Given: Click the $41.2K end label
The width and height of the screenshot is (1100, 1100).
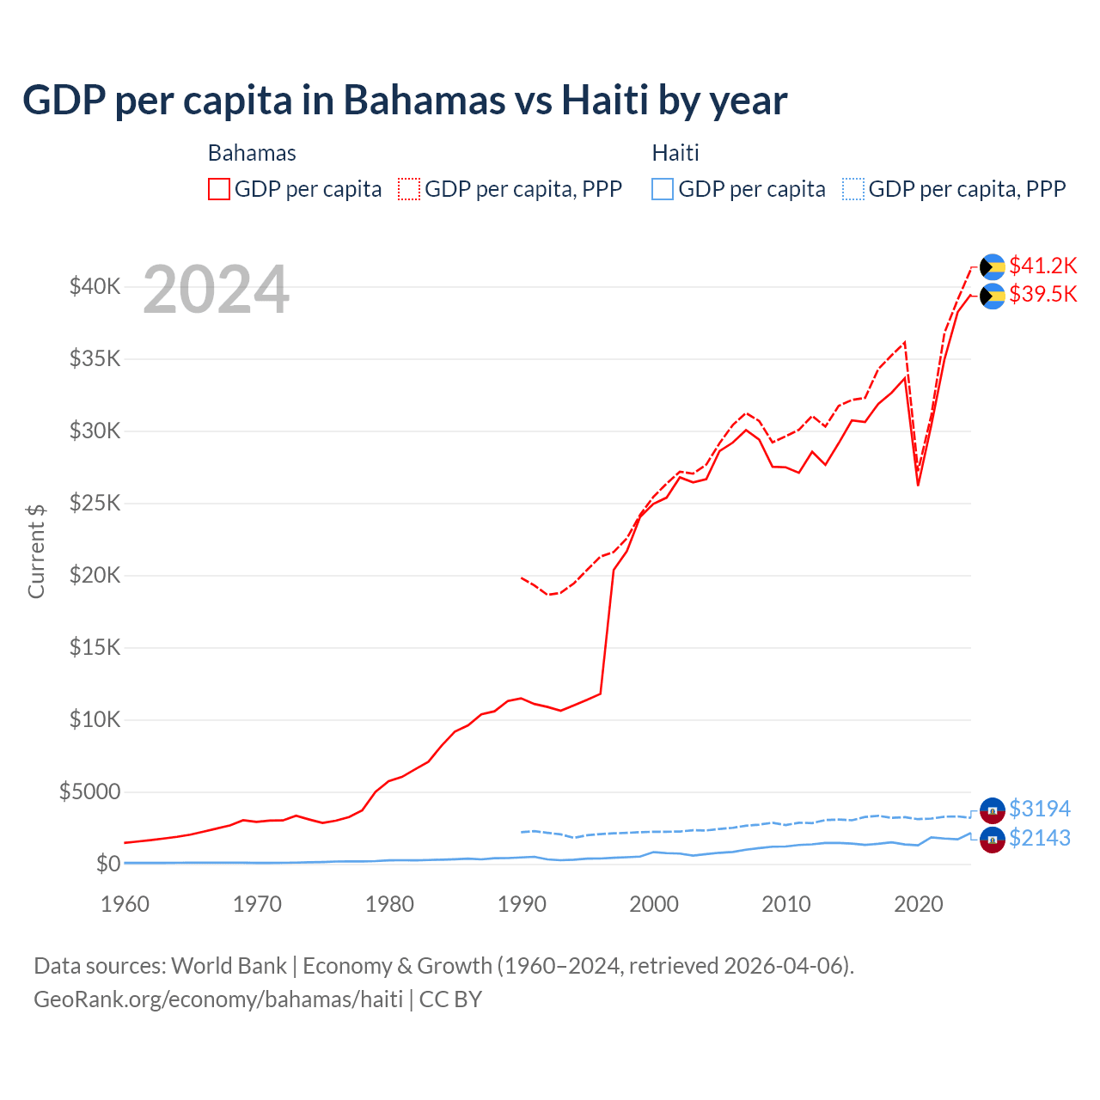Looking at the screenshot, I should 1042,266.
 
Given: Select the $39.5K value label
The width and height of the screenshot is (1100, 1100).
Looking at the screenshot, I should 1042,295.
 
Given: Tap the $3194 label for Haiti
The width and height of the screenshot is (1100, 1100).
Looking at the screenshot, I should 1039,810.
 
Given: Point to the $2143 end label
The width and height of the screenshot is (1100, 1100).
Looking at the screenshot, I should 1039,839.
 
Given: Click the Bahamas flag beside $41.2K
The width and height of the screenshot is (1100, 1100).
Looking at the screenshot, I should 993,267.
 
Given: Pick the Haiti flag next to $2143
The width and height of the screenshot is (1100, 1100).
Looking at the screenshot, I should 993,840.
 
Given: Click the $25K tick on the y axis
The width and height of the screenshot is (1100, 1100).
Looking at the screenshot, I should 95,503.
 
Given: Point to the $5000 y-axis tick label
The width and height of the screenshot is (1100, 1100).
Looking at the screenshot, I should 89,791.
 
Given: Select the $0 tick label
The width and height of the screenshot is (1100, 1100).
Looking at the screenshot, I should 107,864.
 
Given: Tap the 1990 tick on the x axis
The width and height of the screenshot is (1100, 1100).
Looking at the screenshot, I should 522,904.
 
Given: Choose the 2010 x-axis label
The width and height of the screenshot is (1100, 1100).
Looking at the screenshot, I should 786,904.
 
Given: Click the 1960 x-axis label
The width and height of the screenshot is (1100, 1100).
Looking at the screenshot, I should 125,904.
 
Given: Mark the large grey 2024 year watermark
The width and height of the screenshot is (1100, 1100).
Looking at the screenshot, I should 216,290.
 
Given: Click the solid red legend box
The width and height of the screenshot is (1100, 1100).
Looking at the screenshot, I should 219,189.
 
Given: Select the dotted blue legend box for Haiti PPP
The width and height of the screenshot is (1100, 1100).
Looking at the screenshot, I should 853,189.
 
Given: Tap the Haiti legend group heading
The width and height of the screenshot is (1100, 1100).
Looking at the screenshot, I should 675,153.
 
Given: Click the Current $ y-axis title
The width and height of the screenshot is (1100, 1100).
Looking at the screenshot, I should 36,552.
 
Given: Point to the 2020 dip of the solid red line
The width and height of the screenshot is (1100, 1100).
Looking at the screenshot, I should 918,485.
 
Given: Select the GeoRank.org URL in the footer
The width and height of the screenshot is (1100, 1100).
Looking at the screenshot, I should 218,999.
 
